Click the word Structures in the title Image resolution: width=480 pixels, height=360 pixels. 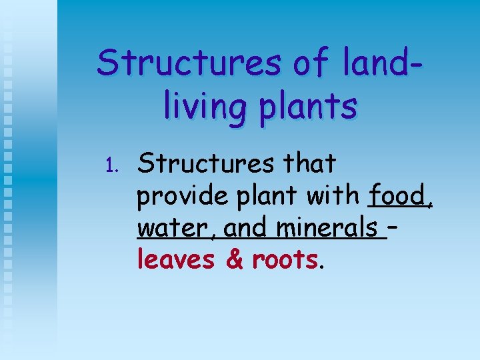(189, 64)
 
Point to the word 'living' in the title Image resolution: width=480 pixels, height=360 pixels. (206, 107)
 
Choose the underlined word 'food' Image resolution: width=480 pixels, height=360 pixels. (399, 196)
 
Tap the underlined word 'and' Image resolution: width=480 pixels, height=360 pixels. (247, 228)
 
